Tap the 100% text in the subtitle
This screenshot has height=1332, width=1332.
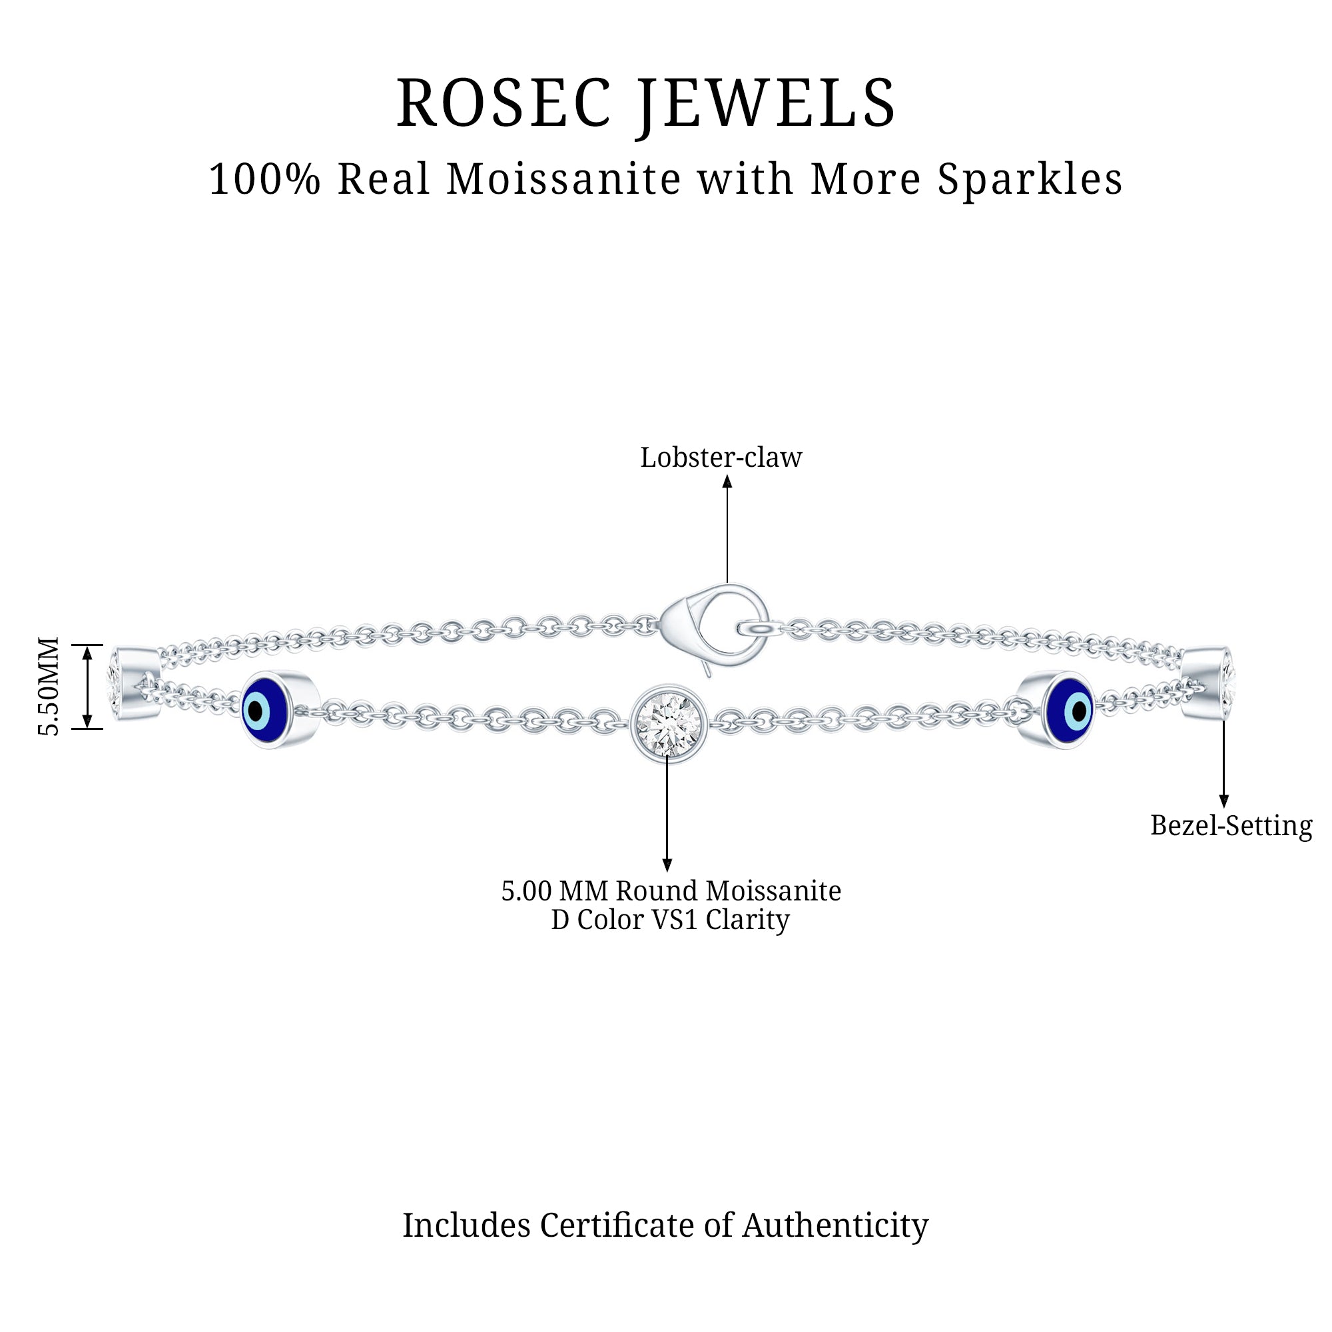tap(265, 179)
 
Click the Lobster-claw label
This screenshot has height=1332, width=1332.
tap(721, 458)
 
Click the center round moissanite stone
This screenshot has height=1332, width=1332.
tap(667, 723)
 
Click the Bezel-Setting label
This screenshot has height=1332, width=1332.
tap(1231, 826)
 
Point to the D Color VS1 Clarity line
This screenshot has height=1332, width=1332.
tap(670, 920)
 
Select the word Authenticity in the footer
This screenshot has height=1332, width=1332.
tap(835, 1225)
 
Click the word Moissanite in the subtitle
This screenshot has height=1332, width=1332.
tap(565, 179)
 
